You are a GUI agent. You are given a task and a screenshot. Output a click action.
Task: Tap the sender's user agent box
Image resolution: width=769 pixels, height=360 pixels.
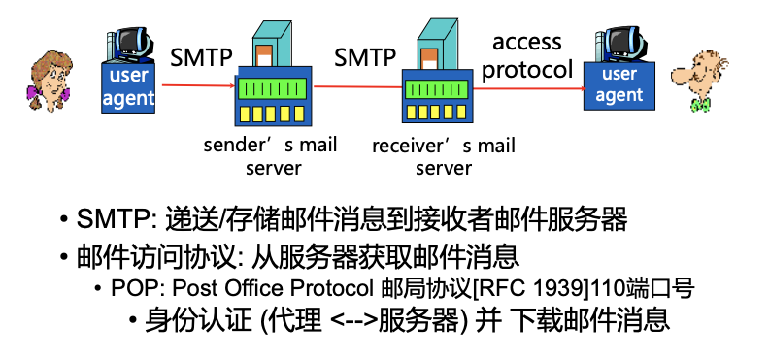click(x=130, y=86)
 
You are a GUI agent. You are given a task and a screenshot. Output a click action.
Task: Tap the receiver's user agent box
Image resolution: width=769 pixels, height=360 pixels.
click(x=619, y=84)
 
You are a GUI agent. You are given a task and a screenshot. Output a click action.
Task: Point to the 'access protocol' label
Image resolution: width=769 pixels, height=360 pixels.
click(x=527, y=55)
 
